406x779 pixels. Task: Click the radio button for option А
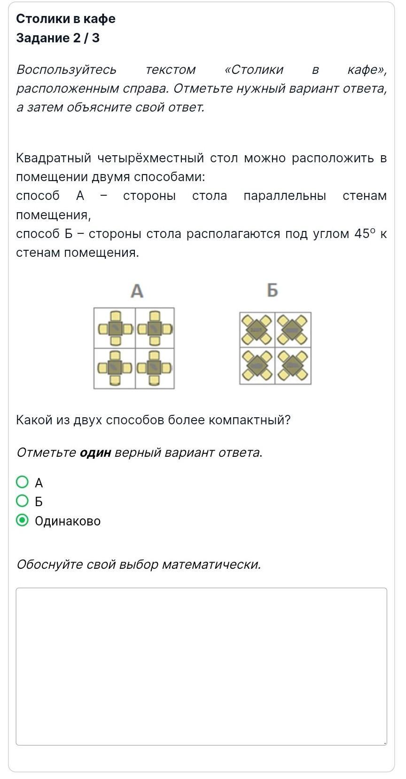click(22, 482)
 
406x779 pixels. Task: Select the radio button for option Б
click(22, 501)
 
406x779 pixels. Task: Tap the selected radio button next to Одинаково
click(22, 520)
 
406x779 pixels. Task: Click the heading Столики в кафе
click(66, 19)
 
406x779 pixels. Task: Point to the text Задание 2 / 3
click(58, 38)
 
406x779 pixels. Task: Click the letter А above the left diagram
click(137, 291)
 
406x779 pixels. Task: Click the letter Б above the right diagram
click(273, 290)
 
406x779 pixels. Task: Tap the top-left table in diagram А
click(115, 328)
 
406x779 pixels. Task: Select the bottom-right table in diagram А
click(154, 368)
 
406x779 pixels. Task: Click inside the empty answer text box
click(201, 666)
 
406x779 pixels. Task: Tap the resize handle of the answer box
click(385, 743)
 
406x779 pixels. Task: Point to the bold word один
click(95, 453)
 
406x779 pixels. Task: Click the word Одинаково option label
click(68, 521)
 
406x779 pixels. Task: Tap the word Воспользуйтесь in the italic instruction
click(66, 70)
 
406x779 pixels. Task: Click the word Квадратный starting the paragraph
click(53, 158)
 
